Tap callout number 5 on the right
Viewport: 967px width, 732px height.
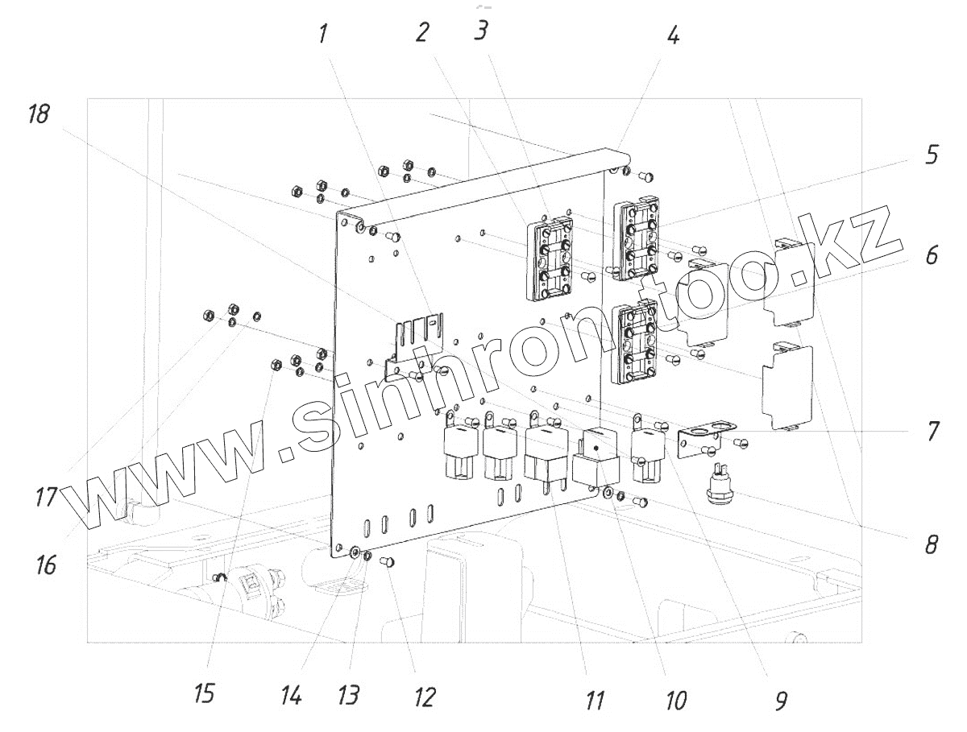click(932, 155)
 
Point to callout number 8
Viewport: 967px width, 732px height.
click(932, 545)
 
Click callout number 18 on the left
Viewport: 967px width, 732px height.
click(38, 115)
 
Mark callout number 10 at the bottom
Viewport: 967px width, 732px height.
click(675, 699)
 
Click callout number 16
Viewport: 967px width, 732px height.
click(46, 565)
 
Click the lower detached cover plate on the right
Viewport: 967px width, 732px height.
click(787, 386)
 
